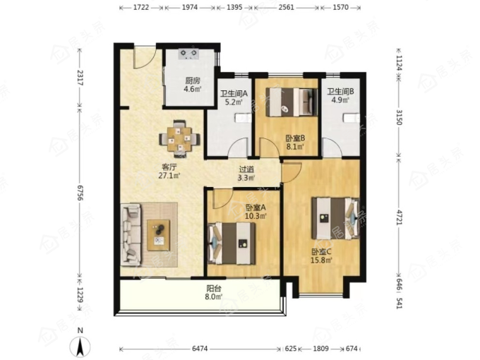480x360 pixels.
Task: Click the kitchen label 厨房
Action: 193,80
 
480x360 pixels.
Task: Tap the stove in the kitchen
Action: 189,54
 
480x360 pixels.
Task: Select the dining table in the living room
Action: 180,139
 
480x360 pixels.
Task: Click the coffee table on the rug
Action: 159,235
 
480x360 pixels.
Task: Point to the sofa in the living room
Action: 131,234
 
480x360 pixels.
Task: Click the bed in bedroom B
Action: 291,102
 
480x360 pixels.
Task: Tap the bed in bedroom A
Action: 232,244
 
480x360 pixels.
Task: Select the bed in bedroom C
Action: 335,218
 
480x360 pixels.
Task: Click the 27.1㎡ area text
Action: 169,176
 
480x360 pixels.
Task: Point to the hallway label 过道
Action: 246,169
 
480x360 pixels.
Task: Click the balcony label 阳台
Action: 214,289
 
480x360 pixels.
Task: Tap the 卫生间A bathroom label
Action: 234,94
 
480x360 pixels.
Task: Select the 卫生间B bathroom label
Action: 340,92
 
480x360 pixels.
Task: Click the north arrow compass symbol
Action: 80,345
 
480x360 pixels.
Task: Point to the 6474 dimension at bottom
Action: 200,349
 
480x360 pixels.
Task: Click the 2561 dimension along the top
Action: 286,7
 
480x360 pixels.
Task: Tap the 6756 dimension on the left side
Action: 80,193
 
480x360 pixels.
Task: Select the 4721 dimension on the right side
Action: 399,217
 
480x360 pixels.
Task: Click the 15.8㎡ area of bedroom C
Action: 321,260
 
